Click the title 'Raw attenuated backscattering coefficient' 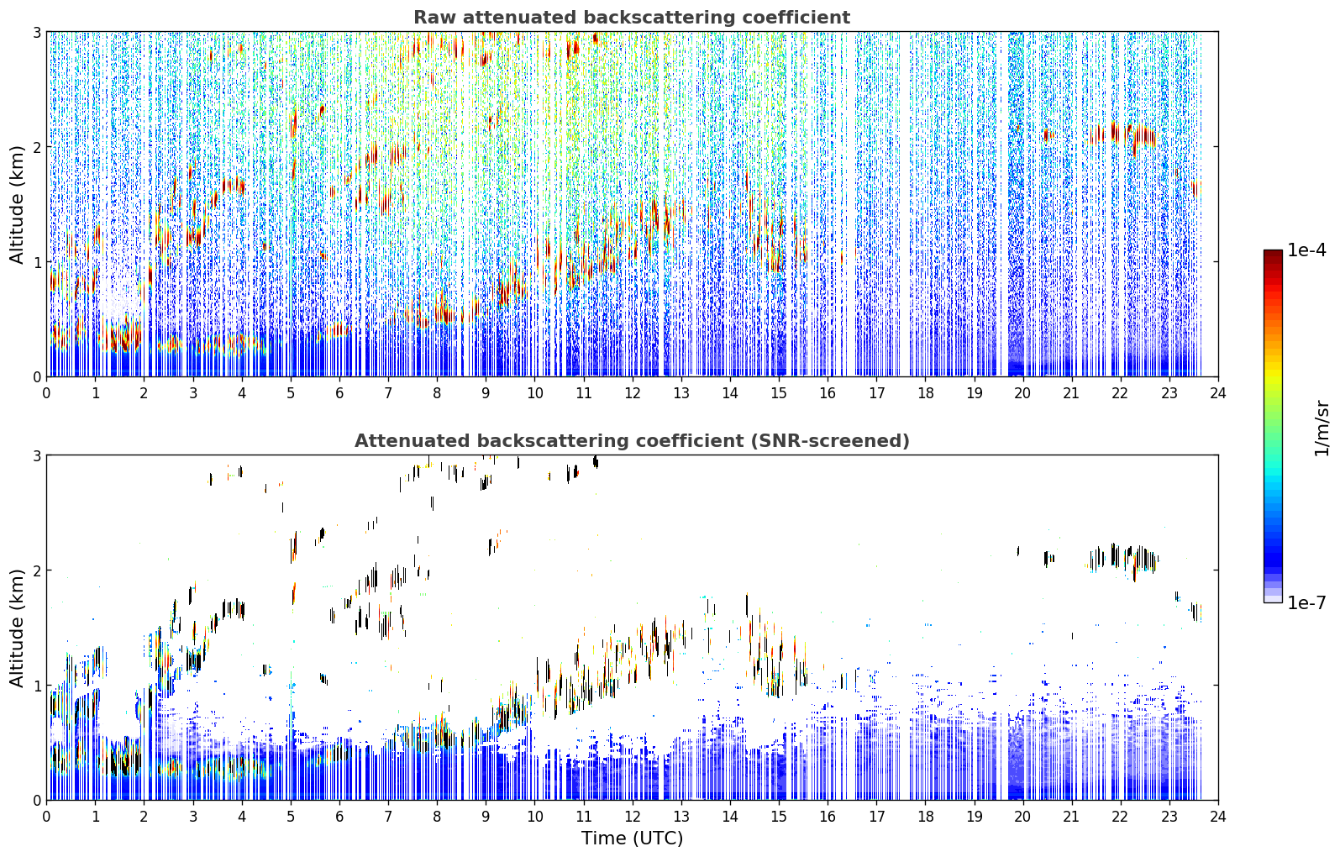(x=632, y=18)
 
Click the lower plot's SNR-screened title (x=632, y=440)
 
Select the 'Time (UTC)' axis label (x=632, y=838)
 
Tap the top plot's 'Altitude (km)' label (x=17, y=205)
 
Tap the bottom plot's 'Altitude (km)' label (x=17, y=628)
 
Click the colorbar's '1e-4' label (x=1306, y=250)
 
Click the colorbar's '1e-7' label (x=1306, y=602)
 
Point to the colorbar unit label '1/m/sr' (x=1322, y=428)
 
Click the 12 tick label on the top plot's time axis (x=633, y=393)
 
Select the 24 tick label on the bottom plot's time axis (x=1218, y=817)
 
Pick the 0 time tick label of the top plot (x=47, y=393)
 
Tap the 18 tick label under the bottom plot (x=926, y=817)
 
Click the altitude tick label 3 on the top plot (x=36, y=32)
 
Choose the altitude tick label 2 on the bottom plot (x=36, y=570)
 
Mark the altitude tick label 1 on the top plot (x=36, y=261)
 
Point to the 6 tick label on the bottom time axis (x=339, y=817)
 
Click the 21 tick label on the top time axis (x=1071, y=393)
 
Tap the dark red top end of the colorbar (x=1273, y=254)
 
